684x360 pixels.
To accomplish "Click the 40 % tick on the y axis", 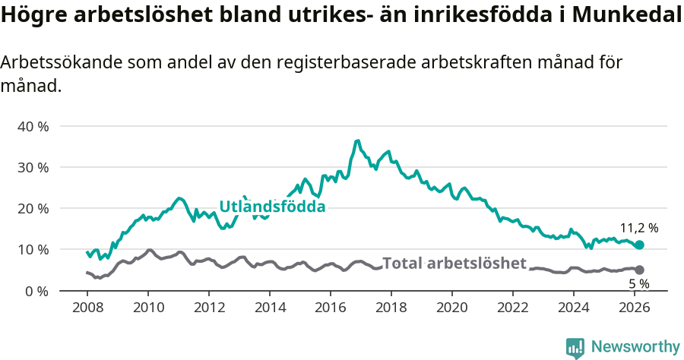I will pyautogui.click(x=32, y=126).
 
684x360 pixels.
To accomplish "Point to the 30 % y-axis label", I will pyautogui.click(x=32, y=167).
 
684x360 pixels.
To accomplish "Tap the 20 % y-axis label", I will pyautogui.click(x=32, y=208).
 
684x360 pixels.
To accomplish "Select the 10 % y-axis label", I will pyautogui.click(x=32, y=249).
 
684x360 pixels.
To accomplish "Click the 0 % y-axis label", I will pyautogui.click(x=36, y=291).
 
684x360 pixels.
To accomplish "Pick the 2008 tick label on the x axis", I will pyautogui.click(x=87, y=308).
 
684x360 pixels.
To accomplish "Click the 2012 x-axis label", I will pyautogui.click(x=209, y=308).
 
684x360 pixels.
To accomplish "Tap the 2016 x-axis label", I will pyautogui.click(x=331, y=308).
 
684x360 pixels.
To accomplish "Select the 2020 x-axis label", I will pyautogui.click(x=452, y=308).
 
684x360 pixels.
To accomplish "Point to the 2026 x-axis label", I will pyautogui.click(x=635, y=308).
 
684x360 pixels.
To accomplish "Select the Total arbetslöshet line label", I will pyautogui.click(x=454, y=264).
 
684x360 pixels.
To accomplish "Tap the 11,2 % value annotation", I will pyautogui.click(x=639, y=228).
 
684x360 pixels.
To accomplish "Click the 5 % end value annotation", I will pyautogui.click(x=639, y=283).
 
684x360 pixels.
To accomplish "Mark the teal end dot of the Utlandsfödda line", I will pyautogui.click(x=639, y=245).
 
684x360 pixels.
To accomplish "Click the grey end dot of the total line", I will pyautogui.click(x=639, y=270).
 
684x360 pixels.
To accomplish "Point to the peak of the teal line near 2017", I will pyautogui.click(x=357, y=141).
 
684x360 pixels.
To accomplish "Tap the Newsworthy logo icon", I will pyautogui.click(x=575, y=348).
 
